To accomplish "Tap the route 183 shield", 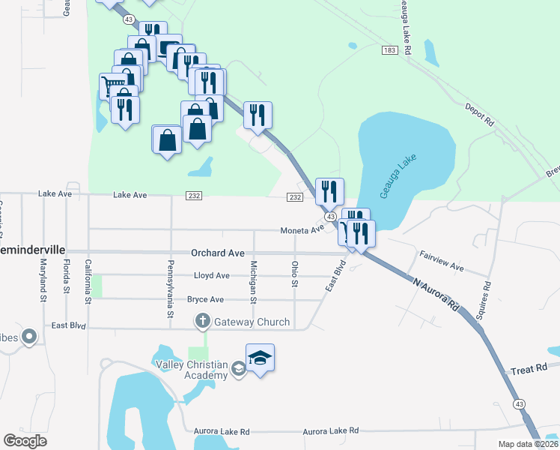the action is coord(389,49).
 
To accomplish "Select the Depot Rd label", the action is coord(480,113).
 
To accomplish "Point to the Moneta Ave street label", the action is coord(302,230).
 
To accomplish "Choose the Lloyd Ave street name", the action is coord(212,276).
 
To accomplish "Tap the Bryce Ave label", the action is coord(206,299).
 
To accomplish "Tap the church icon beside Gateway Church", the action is coord(202,322).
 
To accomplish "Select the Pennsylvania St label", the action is coord(170,287).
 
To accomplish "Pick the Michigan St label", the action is coord(254,279).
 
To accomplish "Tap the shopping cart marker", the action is coord(113,85).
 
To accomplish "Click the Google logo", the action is coord(25,441).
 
